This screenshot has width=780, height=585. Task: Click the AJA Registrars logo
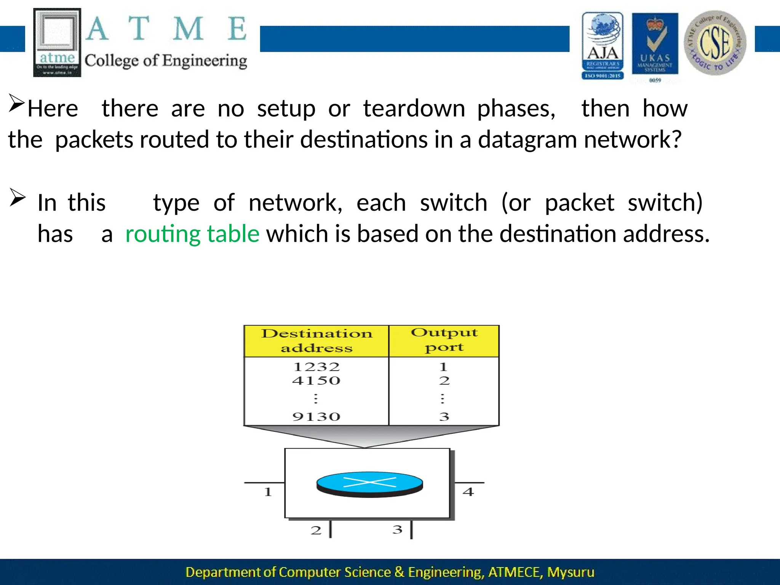coord(603,46)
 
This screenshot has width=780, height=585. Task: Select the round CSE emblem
coord(715,43)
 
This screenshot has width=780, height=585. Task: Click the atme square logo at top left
coord(57,42)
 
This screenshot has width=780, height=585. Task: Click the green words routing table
coord(192,233)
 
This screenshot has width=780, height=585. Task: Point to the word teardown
coord(414,109)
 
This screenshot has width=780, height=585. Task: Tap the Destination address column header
coord(316,340)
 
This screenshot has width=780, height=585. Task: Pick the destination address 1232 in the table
coord(316,367)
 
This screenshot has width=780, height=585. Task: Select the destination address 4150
coord(316,380)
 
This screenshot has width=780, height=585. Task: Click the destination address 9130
coord(316,417)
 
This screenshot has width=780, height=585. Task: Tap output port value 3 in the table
coord(444,417)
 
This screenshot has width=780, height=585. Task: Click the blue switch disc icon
coord(369,484)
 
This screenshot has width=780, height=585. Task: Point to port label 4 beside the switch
coord(468,492)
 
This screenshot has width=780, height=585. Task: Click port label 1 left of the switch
coord(268,492)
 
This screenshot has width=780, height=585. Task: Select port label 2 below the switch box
coord(316,530)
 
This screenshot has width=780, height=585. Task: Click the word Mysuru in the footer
coord(571,572)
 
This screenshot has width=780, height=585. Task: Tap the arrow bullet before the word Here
coord(17,103)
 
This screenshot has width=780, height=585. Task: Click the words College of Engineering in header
coord(166,61)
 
